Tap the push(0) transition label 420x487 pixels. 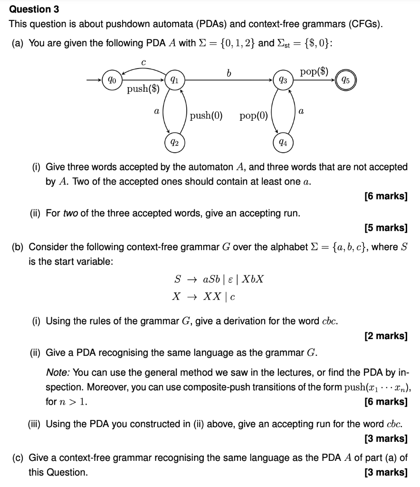(206, 115)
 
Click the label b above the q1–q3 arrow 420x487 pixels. (229, 73)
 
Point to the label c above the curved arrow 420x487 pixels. (143, 62)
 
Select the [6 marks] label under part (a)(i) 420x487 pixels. (386, 196)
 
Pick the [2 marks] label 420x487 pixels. (386, 336)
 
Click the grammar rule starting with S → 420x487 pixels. (219, 279)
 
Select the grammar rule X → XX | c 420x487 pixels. (204, 297)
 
